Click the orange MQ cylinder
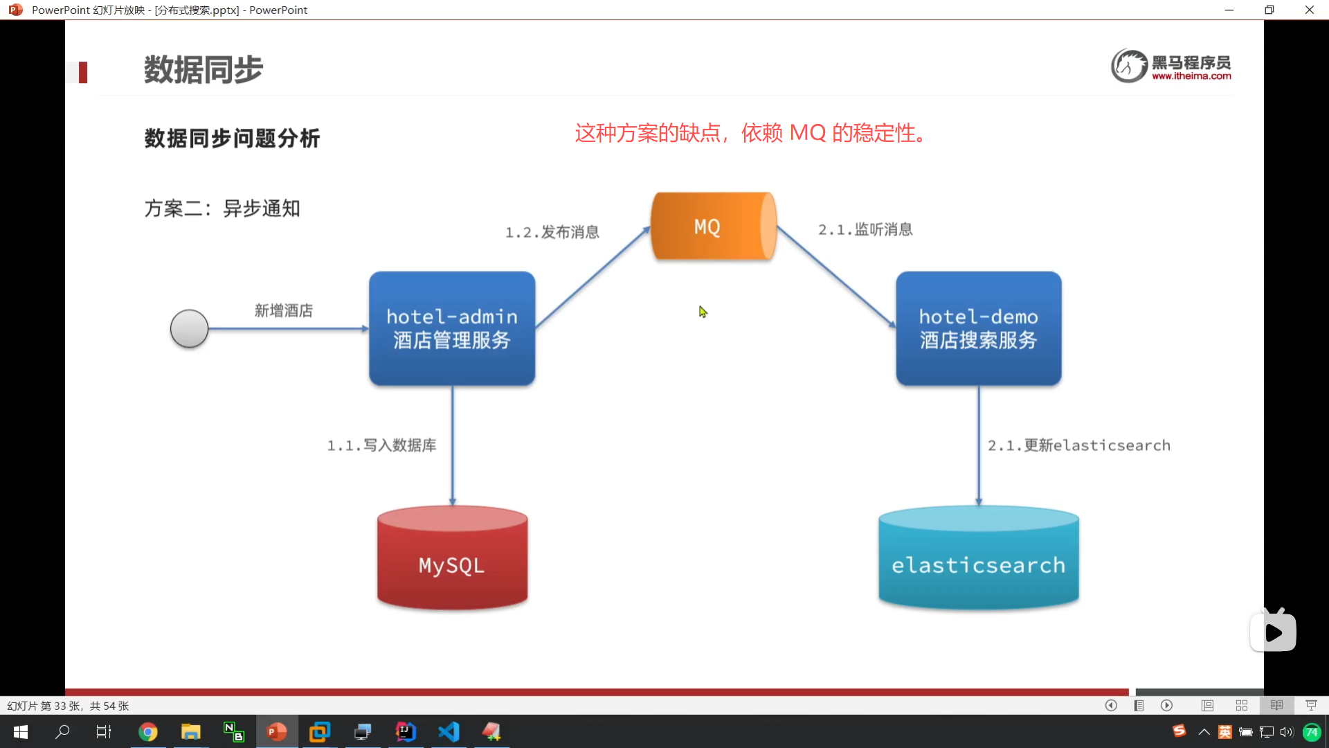[713, 226]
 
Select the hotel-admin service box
[452, 328]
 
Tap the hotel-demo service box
[978, 328]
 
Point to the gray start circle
[189, 328]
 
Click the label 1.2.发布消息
[552, 232]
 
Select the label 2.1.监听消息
[865, 229]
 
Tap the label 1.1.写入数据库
[381, 445]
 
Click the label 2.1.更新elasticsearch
[1078, 445]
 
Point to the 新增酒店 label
[283, 310]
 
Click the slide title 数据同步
[204, 70]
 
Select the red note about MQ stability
[750, 132]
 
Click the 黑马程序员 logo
[1171, 66]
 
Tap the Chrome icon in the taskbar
[148, 731]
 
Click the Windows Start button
[21, 731]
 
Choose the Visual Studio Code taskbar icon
[449, 731]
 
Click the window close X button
[1309, 10]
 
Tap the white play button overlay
[1273, 632]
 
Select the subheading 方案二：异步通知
[222, 208]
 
